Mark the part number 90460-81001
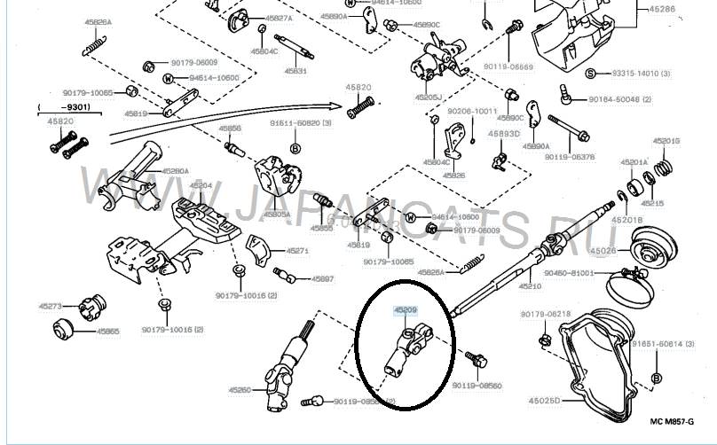tap(568, 273)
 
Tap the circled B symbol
tap(655, 379)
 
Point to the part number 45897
tap(322, 278)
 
